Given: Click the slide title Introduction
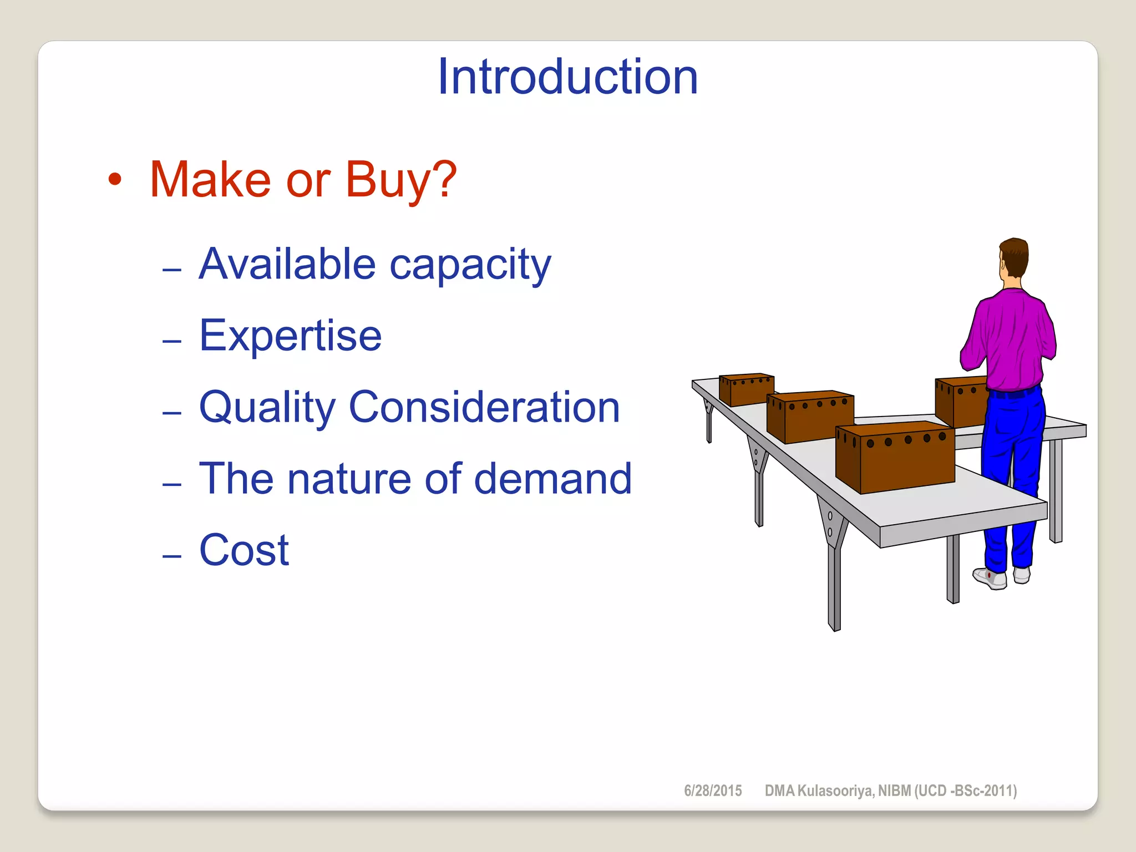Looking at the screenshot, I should (x=567, y=77).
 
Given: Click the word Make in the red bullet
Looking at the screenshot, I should (x=210, y=180).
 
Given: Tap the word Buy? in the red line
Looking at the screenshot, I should (x=401, y=181).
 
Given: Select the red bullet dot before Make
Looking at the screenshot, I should (x=115, y=180).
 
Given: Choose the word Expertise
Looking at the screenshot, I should (x=290, y=336).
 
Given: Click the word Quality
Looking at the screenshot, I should (x=267, y=408).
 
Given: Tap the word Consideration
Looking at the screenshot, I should (x=484, y=407).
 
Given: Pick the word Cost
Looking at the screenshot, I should (x=244, y=550).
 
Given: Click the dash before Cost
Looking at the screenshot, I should (x=172, y=555).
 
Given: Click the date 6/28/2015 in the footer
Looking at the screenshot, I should (x=713, y=791).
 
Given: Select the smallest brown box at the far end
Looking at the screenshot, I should (x=747, y=389).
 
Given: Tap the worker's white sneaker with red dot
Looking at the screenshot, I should (x=990, y=577).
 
